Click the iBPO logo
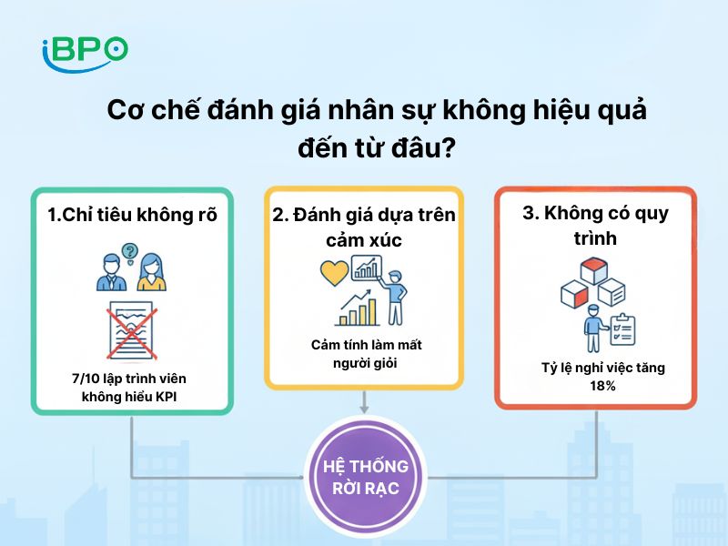coord(85,51)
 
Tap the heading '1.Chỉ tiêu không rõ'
coord(133,216)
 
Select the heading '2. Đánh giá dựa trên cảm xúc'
coord(364,227)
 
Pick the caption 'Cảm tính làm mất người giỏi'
coord(365,354)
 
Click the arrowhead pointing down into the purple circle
coord(365,409)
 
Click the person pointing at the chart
coord(393,294)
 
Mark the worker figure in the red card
coord(592,328)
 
